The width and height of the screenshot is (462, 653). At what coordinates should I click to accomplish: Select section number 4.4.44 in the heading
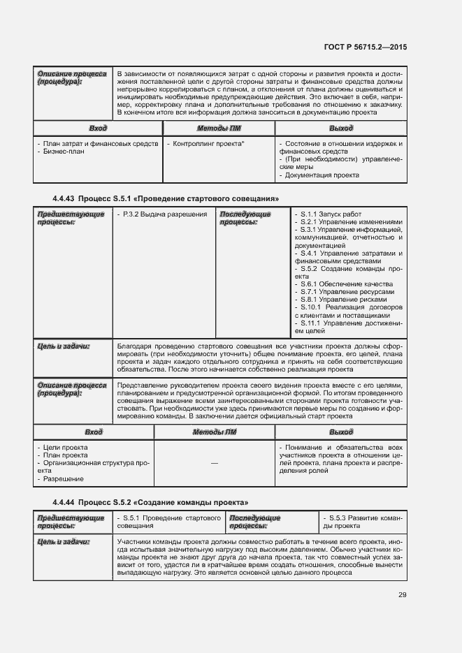[x=64, y=503]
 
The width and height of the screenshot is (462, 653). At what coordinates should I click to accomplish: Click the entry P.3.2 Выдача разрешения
[x=161, y=214]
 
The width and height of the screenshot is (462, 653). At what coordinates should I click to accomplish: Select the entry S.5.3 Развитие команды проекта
[x=361, y=522]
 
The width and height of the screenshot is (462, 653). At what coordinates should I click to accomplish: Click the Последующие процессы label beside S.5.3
[x=254, y=522]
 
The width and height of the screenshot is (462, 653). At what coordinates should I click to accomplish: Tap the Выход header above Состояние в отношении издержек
[x=340, y=129]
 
